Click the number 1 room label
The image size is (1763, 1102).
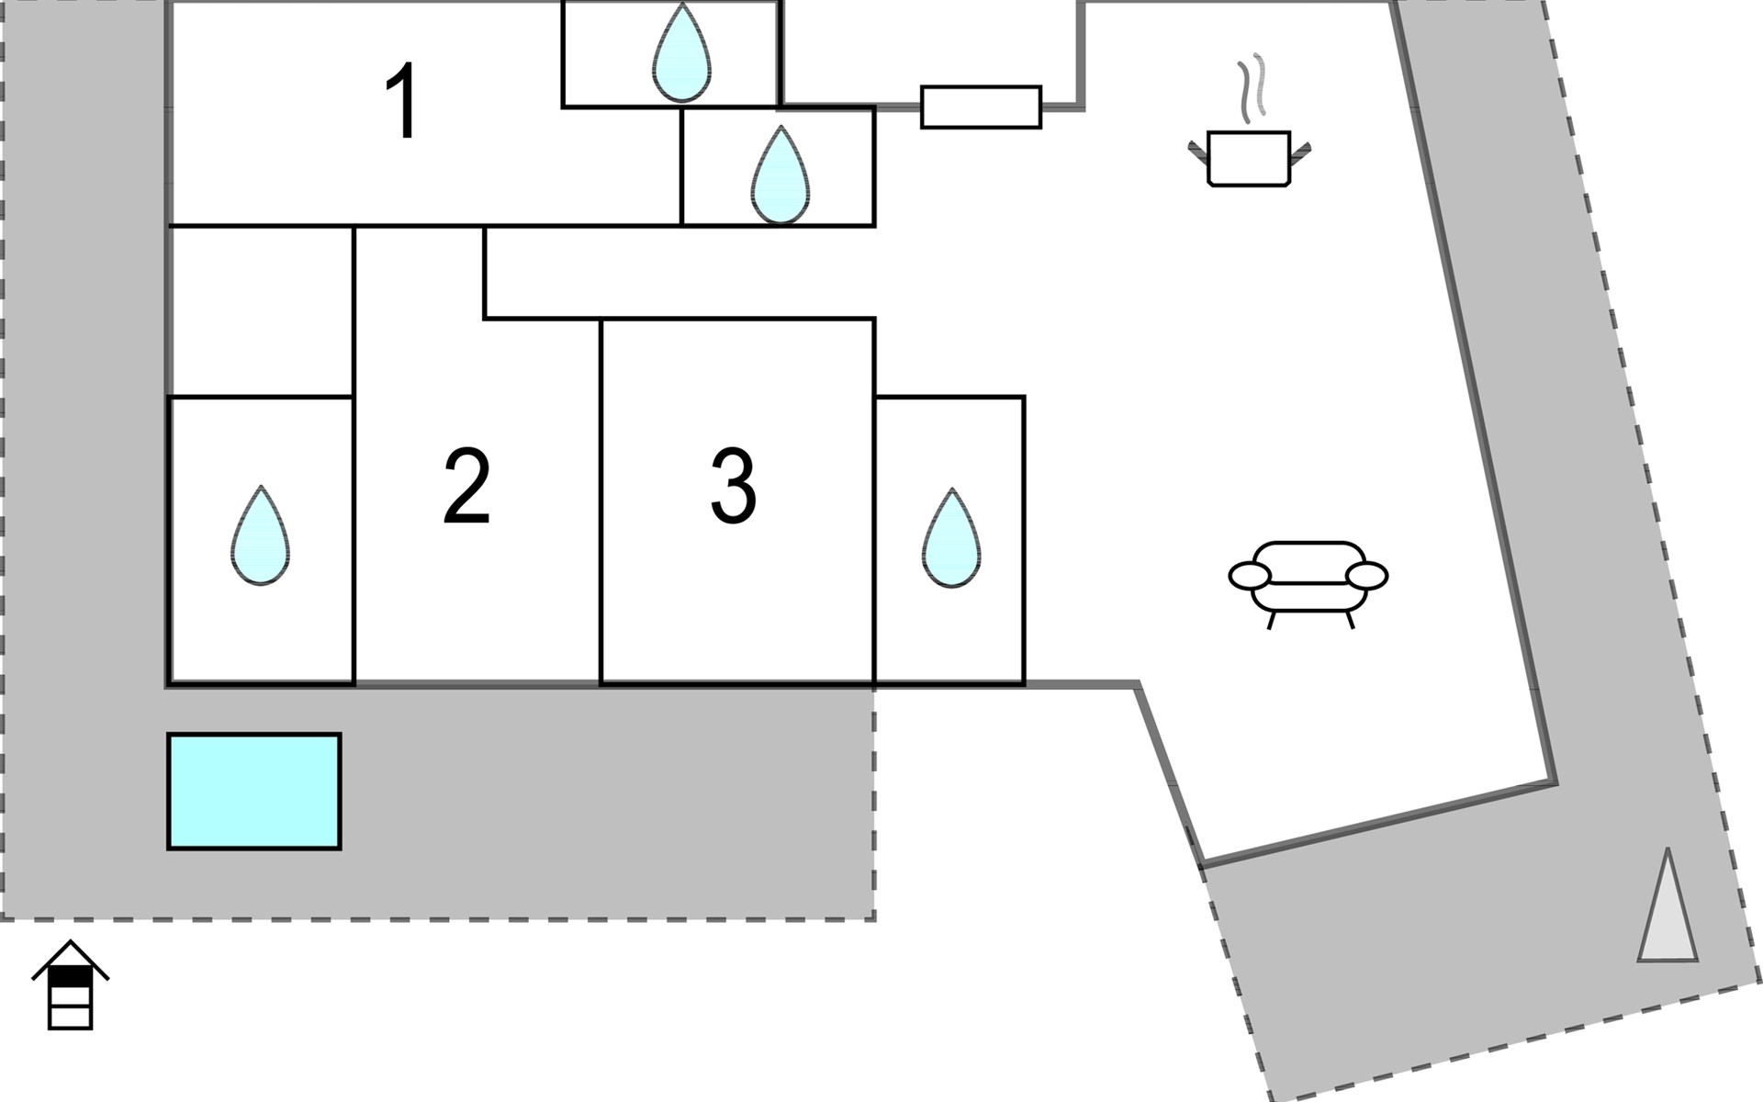click(403, 101)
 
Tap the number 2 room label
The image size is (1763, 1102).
click(466, 487)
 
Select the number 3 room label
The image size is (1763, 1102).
click(733, 487)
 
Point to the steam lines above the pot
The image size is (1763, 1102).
click(1251, 89)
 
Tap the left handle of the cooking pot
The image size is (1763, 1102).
click(1198, 152)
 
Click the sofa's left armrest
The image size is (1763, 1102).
click(1250, 576)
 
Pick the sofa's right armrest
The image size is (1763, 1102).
click(1366, 576)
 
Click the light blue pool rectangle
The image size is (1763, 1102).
click(254, 792)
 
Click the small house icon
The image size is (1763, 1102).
click(71, 984)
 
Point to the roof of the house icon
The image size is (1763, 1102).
click(71, 960)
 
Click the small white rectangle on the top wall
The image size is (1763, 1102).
click(981, 107)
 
